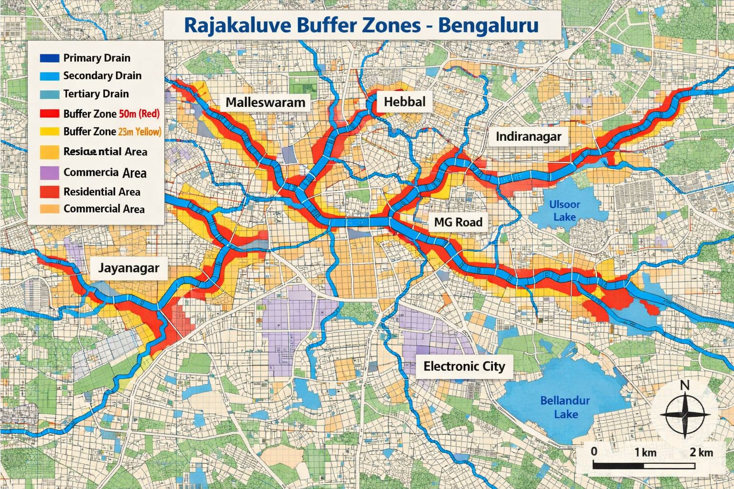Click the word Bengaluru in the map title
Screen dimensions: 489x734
pyautogui.click(x=488, y=25)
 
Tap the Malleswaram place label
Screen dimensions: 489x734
pyautogui.click(x=265, y=102)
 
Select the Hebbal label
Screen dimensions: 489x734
pyautogui.click(x=404, y=102)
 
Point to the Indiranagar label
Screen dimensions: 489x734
pyautogui.click(x=528, y=137)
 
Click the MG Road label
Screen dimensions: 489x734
pyautogui.click(x=458, y=222)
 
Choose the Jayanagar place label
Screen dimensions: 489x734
pyautogui.click(x=129, y=268)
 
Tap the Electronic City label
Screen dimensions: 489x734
pyautogui.click(x=464, y=366)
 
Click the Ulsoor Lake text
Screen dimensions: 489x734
pyautogui.click(x=564, y=211)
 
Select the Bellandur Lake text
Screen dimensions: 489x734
pyautogui.click(x=565, y=407)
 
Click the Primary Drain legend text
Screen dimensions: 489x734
pyautogui.click(x=97, y=58)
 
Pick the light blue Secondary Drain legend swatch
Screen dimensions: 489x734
pyautogui.click(x=49, y=76)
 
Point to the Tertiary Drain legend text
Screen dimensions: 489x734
pyautogui.click(x=96, y=94)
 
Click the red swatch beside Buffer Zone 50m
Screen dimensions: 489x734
pyautogui.click(x=49, y=114)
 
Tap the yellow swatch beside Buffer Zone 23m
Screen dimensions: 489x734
pyautogui.click(x=49, y=131)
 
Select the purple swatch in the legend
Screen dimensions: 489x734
pyautogui.click(x=49, y=172)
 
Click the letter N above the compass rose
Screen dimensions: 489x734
pyautogui.click(x=684, y=385)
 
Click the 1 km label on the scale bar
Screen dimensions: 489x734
pyautogui.click(x=645, y=452)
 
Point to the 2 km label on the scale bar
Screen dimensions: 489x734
pyautogui.click(x=701, y=452)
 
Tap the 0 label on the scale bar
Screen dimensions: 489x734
pyautogui.click(x=594, y=451)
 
